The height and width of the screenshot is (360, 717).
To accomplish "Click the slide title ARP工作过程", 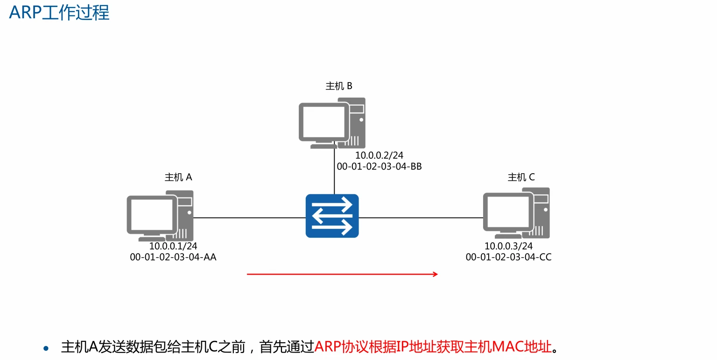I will point(59,13).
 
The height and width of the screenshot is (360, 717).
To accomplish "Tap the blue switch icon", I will point(332,216).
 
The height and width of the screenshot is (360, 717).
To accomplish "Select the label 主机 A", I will point(178,177).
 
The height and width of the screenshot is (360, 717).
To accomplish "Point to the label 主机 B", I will point(339,86).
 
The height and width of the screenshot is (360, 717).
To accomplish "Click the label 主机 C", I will point(521,177).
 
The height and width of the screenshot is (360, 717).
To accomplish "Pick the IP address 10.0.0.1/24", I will point(173,246).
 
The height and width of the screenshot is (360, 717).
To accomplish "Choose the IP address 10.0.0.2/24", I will point(379,156).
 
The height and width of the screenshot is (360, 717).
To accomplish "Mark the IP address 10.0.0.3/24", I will point(508,246).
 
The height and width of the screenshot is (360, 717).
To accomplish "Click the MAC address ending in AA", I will point(173,257).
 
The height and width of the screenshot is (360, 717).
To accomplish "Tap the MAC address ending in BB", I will point(379,167).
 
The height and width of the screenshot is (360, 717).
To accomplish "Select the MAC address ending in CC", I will point(508,257).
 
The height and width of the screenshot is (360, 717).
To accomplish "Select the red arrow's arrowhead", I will point(436,274).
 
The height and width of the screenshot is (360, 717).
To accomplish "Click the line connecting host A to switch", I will point(250,218).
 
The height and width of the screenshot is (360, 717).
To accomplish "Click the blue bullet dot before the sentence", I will point(46,348).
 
